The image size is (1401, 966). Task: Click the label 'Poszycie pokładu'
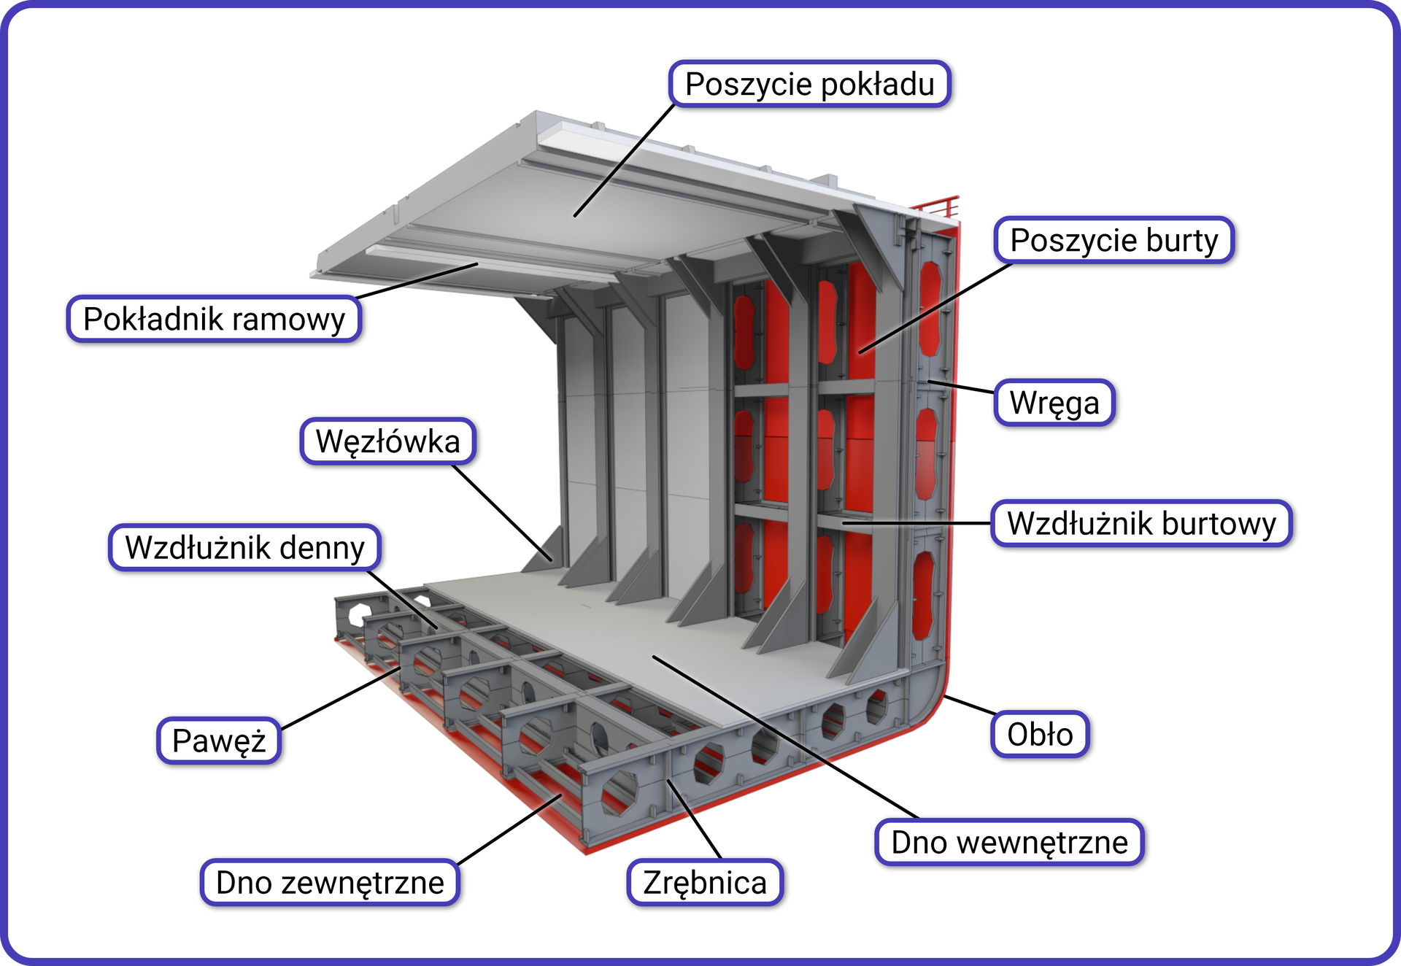(809, 85)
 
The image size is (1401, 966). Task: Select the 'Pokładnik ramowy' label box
(214, 320)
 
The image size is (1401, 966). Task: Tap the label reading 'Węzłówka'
(387, 441)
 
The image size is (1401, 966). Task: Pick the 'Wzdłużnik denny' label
(244, 548)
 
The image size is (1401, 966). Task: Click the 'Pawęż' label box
(219, 741)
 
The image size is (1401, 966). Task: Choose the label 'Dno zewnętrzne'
(330, 883)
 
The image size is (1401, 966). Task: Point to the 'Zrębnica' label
(705, 883)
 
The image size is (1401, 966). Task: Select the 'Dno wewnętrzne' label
(1009, 843)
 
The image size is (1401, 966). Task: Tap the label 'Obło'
(1040, 735)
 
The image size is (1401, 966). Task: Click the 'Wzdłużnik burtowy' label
(1141, 524)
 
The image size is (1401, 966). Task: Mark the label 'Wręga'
(1054, 403)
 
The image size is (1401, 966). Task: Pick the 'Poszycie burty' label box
(1114, 241)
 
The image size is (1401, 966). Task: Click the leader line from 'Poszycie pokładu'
(624, 161)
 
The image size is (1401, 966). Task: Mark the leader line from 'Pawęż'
(339, 698)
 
